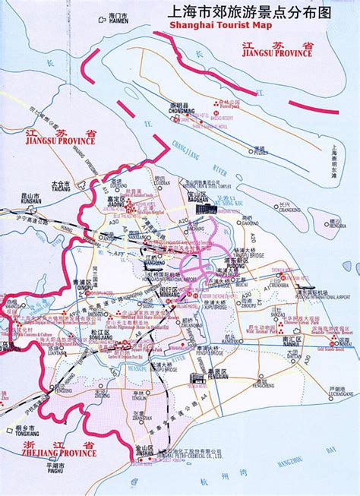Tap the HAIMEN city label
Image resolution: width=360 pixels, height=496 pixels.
(x=118, y=21)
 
